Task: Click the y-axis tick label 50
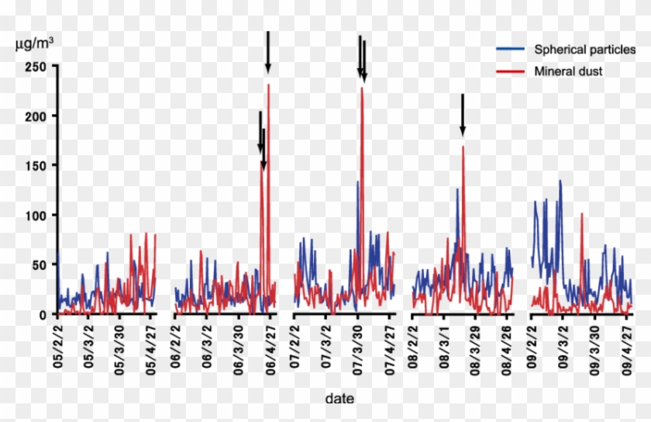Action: click(40, 265)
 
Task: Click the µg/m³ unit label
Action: click(35, 43)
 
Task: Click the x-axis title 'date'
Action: click(340, 398)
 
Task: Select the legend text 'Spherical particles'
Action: click(585, 50)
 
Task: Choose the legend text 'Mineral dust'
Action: click(568, 71)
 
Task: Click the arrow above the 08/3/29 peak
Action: click(462, 114)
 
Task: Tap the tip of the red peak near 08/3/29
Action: click(463, 146)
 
